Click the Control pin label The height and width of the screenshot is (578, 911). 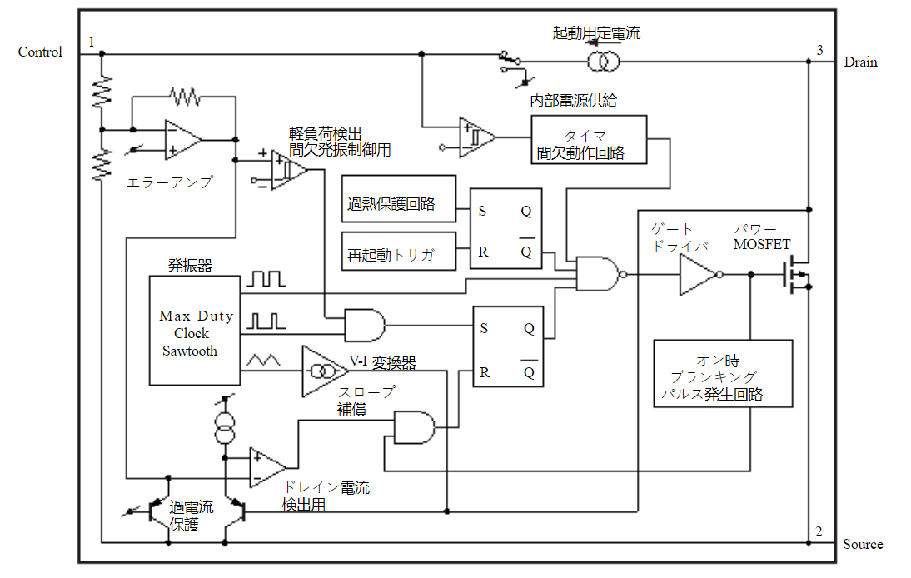(x=40, y=52)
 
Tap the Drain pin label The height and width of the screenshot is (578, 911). (x=860, y=62)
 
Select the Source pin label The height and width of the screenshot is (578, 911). (x=863, y=544)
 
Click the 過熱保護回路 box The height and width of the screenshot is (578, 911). (x=399, y=199)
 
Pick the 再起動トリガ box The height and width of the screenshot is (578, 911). (x=399, y=251)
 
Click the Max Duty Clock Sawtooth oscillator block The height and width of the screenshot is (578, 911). (x=195, y=331)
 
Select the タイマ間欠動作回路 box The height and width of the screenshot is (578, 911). (x=589, y=139)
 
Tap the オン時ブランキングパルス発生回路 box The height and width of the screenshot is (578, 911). (x=723, y=373)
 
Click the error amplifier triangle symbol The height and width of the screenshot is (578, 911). (x=182, y=140)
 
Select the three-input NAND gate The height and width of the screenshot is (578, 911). (x=601, y=274)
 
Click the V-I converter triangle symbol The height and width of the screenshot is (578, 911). (x=322, y=371)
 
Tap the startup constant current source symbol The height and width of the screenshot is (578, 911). (x=603, y=61)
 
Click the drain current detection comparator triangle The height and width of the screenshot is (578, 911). (x=267, y=467)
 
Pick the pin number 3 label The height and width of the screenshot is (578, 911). (x=819, y=50)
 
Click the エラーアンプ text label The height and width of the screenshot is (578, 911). (x=170, y=182)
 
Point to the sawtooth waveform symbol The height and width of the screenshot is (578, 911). (x=263, y=361)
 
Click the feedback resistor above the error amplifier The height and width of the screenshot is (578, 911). (x=186, y=97)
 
